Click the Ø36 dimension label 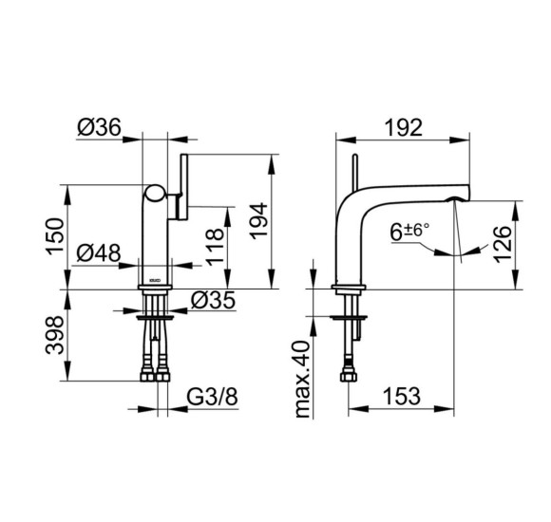coord(99,127)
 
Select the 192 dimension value coord(404,127)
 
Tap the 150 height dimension coord(55,236)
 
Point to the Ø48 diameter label coord(99,252)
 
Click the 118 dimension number coord(215,247)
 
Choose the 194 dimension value coord(259,221)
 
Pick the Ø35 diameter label coord(213,301)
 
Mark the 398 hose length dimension coord(55,335)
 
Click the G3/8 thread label coord(212,397)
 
